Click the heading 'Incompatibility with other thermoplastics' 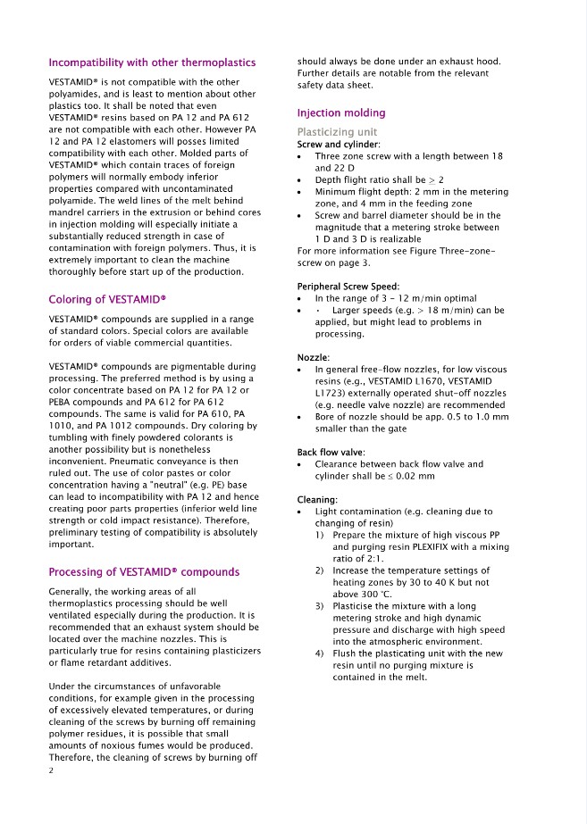[152, 62]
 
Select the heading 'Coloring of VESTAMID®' [108, 299]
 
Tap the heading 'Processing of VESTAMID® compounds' [144, 571]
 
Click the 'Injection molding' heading [341, 113]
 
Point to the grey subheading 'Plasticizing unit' [337, 132]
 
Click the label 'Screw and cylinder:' [339, 145]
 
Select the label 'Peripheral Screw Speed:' [348, 286]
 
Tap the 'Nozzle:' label [314, 357]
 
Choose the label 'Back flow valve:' [331, 453]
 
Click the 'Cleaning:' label [317, 499]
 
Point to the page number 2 [52, 770]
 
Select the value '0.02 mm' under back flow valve [416, 477]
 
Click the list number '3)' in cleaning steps [320, 606]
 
